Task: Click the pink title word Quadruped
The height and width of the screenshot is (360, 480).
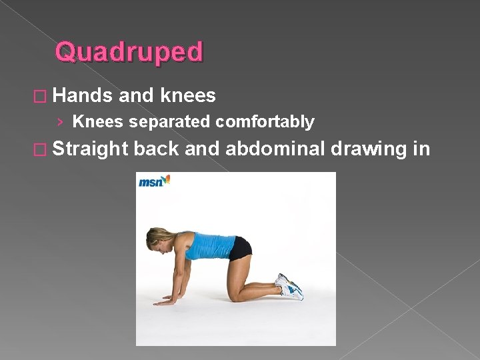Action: click(129, 52)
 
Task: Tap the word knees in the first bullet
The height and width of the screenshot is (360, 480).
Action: click(188, 96)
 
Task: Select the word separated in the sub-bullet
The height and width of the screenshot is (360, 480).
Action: click(170, 122)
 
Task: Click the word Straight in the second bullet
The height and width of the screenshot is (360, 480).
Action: click(90, 149)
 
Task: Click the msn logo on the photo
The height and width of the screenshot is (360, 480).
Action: click(154, 181)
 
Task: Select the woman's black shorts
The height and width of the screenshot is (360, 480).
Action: click(240, 248)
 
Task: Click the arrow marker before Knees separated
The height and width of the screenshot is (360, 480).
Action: click(61, 122)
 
